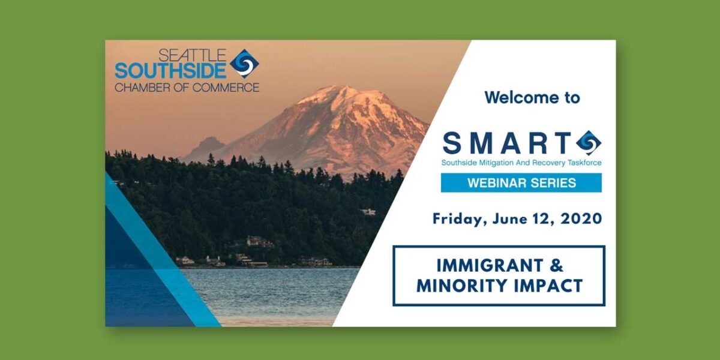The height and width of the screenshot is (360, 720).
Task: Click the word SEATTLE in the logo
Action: coord(192,55)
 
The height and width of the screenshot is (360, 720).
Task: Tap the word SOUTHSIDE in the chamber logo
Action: coord(170,71)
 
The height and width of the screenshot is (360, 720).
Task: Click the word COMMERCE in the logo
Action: coord(226,88)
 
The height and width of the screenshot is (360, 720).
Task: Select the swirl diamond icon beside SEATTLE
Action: coord(245,64)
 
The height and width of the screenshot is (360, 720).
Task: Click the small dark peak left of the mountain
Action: coord(208,143)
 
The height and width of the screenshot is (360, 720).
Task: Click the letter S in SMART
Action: coord(452,143)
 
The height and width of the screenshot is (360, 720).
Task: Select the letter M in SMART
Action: coord(482,143)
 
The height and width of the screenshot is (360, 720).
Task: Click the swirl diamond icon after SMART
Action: coord(589,143)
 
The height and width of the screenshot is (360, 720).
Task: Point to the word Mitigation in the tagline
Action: coord(496,163)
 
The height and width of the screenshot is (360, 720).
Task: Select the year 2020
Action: coord(581,219)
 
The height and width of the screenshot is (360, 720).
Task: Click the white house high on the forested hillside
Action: coord(368,211)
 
